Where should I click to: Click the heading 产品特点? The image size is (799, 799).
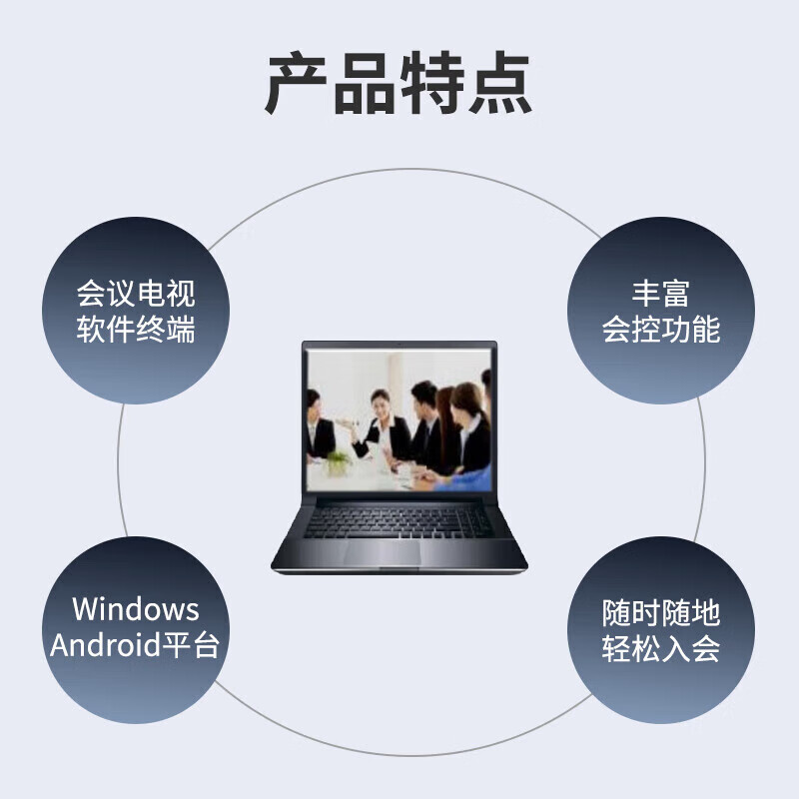(x=399, y=82)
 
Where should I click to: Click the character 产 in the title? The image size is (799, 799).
(x=296, y=82)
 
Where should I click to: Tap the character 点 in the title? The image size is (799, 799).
(x=500, y=82)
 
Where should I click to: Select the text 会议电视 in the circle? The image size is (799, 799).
(x=136, y=293)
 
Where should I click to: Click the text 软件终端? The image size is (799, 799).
(x=136, y=330)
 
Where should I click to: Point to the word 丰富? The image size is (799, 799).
(x=661, y=293)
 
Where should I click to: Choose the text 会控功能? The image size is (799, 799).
(x=661, y=330)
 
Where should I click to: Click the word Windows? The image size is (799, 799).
(x=136, y=609)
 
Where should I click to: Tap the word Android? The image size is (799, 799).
(x=105, y=644)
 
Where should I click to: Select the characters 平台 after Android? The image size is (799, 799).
(x=191, y=644)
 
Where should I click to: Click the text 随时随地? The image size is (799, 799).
(x=661, y=612)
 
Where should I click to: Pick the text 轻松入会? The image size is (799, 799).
(x=661, y=648)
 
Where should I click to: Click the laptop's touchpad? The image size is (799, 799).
(x=383, y=552)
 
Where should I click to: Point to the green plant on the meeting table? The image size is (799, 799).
(x=338, y=461)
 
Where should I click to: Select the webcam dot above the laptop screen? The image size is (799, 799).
(x=399, y=345)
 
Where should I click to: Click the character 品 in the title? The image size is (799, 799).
(x=365, y=82)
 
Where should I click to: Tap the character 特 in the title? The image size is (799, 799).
(x=432, y=82)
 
